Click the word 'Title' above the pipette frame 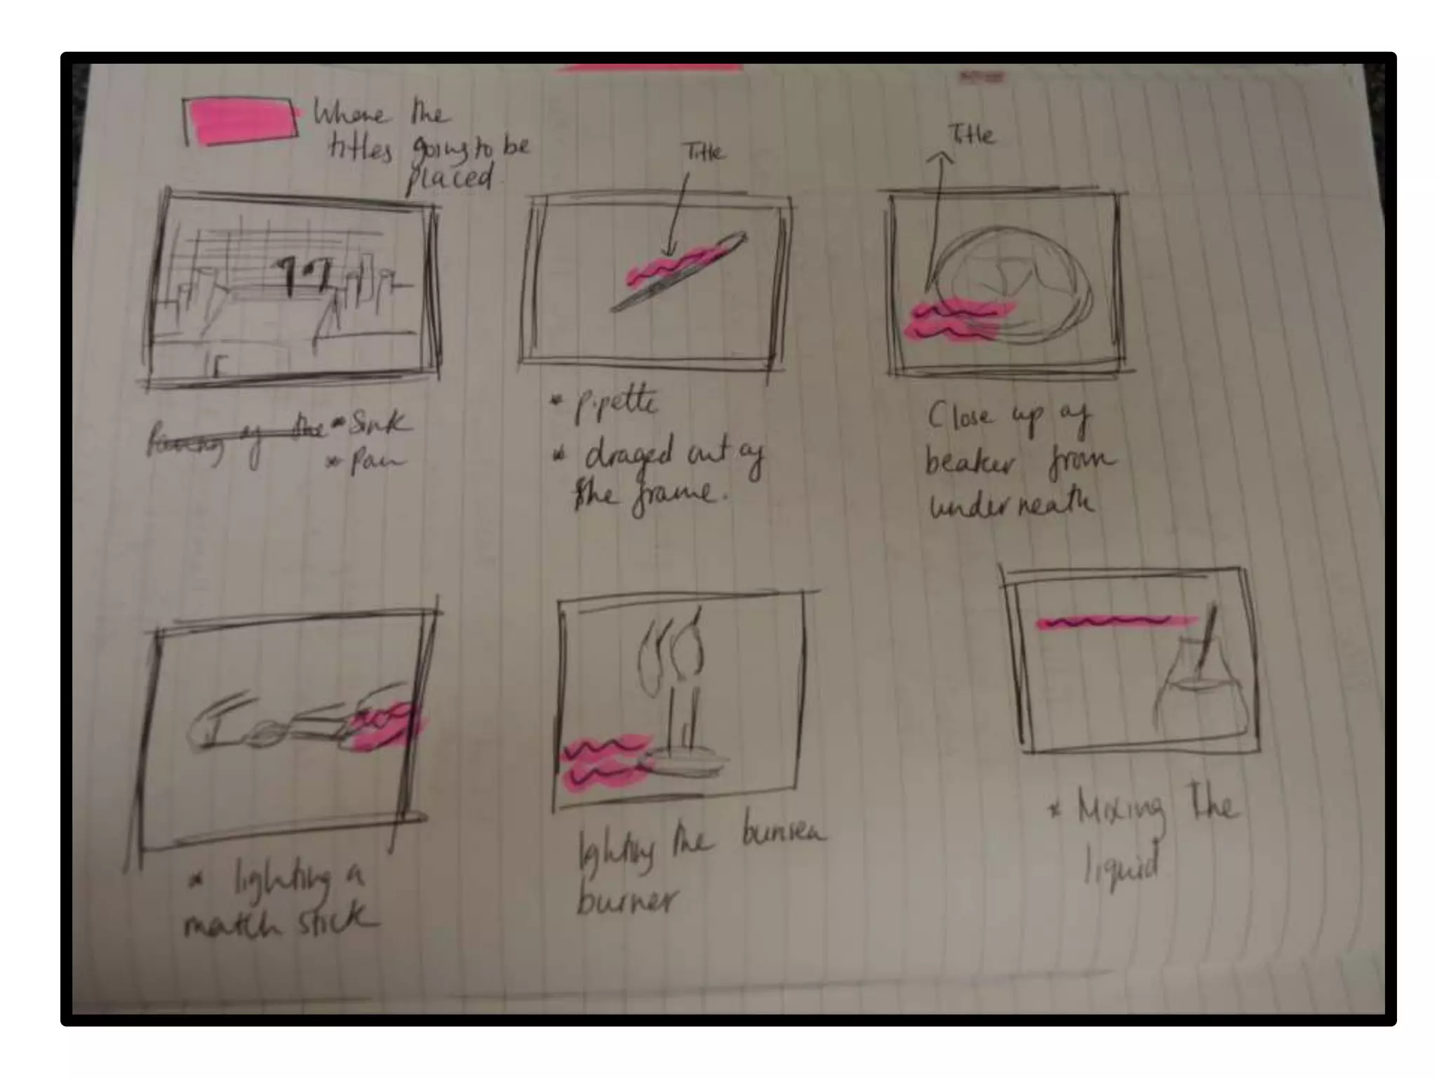[704, 152]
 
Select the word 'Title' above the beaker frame [971, 134]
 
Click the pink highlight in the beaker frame [955, 319]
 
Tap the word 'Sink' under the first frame [377, 422]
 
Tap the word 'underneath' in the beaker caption [1011, 504]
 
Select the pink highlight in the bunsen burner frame [606, 764]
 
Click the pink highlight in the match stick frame [386, 726]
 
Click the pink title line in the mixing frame [1116, 622]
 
